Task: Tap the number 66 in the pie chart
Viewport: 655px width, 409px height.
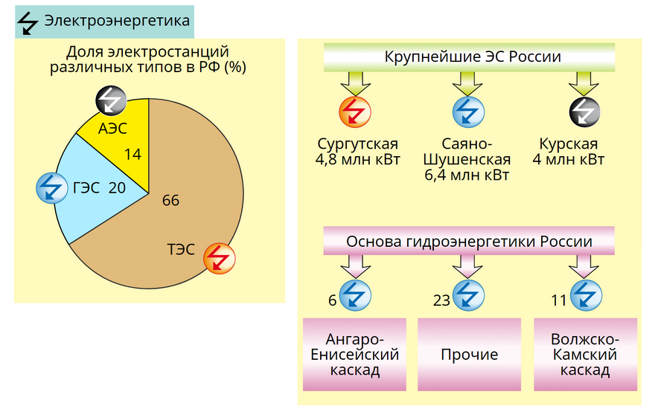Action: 171,201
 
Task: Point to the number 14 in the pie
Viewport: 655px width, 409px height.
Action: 132,155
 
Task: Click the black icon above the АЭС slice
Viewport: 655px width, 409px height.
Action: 111,100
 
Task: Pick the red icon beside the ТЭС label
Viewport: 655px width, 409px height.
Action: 220,259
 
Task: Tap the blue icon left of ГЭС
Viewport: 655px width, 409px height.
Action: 52,188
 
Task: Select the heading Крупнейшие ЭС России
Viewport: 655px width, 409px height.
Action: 473,57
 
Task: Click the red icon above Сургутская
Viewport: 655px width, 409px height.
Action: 354,112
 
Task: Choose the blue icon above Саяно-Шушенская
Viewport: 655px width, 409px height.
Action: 469,112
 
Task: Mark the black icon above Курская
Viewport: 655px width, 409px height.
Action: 585,112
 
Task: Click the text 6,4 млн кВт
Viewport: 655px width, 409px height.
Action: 467,175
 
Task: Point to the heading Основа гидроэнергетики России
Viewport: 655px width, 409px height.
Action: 469,242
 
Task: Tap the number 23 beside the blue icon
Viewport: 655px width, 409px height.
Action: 441,300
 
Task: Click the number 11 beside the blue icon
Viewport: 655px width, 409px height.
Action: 558,300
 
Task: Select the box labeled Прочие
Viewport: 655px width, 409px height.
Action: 470,355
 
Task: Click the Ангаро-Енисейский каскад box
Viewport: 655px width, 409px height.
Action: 354,355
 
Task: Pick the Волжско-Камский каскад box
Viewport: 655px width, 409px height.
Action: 586,355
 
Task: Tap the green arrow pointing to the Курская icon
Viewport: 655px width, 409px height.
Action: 584,83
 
